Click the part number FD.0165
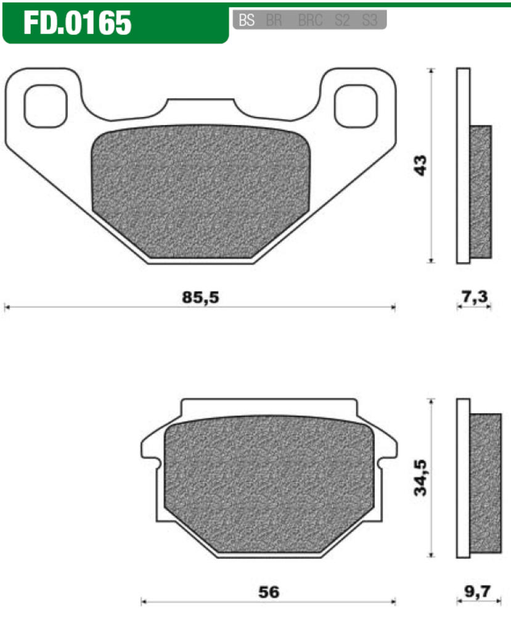point(78,23)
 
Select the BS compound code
point(247,20)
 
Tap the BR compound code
point(274,20)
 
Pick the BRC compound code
point(310,20)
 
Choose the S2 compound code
point(342,20)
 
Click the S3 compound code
point(369,20)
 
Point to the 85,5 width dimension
point(200,297)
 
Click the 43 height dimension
point(422,165)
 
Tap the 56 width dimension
point(269,592)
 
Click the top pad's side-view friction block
point(481,191)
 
